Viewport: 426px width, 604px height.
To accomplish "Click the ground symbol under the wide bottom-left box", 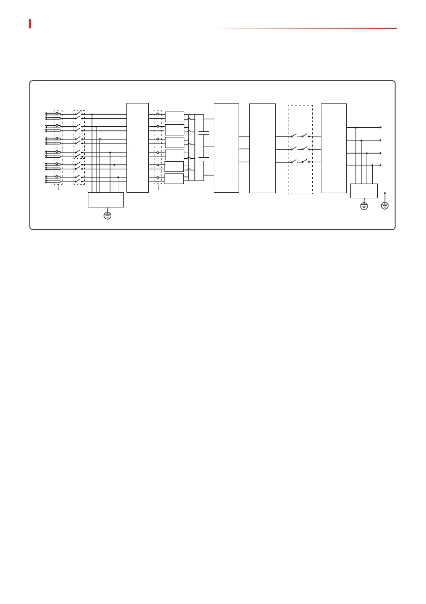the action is tap(107, 216).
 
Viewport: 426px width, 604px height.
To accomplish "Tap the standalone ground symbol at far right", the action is tap(385, 205).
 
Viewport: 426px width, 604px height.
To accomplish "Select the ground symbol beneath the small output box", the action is tap(364, 205).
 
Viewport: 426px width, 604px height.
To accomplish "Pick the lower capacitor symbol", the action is tap(204, 160).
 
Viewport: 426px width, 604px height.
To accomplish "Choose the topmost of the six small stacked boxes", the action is tap(174, 117).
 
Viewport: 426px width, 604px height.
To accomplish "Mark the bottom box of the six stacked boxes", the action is tap(174, 179).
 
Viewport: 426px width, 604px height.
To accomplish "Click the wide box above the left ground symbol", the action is tap(106, 200).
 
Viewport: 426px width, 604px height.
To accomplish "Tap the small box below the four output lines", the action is tap(364, 191).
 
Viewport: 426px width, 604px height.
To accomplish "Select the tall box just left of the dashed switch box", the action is tap(263, 148).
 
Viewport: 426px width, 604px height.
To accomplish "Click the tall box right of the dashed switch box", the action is tap(334, 148).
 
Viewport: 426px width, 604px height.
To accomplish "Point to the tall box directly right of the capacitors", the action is tap(226, 148).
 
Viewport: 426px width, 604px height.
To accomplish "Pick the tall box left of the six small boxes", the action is tap(137, 148).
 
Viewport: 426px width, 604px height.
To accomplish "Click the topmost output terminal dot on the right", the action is tap(380, 128).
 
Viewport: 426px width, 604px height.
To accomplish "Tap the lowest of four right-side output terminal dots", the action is tap(380, 165).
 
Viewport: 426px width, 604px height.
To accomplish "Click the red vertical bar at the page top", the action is tap(30, 24).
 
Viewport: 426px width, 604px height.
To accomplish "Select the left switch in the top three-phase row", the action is tap(293, 136).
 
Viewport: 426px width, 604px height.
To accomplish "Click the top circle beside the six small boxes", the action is tap(157, 114).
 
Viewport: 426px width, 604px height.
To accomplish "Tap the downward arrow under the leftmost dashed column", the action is tap(58, 188).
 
